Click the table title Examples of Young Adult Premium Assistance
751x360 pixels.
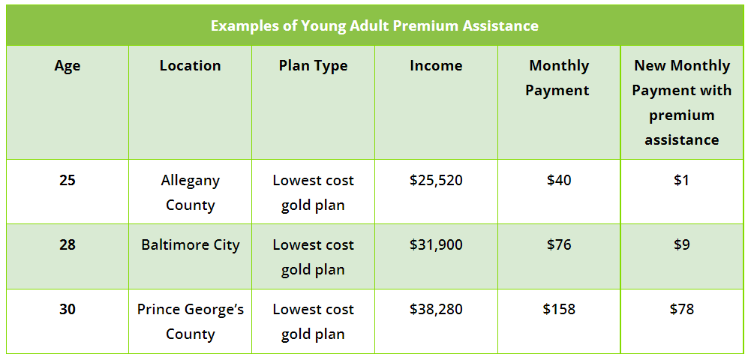[374, 25]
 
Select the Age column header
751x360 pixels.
[68, 65]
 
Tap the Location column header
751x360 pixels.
[190, 65]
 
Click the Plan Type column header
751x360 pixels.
[314, 66]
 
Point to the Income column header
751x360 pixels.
[436, 65]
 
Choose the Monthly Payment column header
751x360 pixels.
[558, 78]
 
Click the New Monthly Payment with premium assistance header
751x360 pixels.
[681, 103]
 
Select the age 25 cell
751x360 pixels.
[68, 181]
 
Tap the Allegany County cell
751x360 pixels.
[190, 193]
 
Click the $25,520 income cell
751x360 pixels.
[436, 181]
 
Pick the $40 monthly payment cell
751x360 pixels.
[558, 181]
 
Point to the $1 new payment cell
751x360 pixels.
[681, 181]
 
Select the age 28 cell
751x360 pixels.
[68, 244]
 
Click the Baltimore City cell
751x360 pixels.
[190, 245]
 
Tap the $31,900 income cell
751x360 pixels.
[436, 245]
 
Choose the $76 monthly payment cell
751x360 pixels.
[558, 244]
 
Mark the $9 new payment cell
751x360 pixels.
[681, 244]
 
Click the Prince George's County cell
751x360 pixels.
[190, 322]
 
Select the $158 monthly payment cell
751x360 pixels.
[558, 309]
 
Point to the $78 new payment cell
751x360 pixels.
[681, 309]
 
